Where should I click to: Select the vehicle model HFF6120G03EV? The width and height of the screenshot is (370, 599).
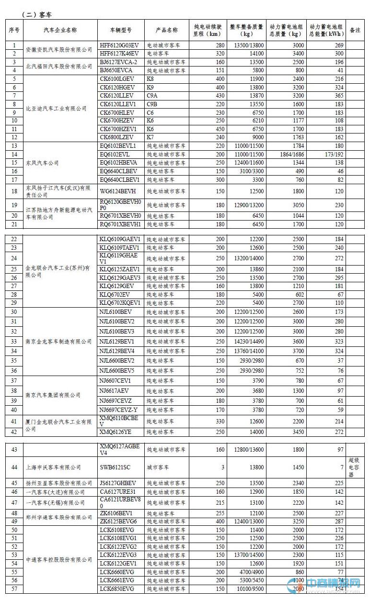click(x=118, y=45)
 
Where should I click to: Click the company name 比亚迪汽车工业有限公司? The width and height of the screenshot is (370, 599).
click(x=56, y=109)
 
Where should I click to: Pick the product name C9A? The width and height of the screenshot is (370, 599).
click(x=152, y=96)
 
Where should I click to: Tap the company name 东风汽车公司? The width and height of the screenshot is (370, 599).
click(x=42, y=163)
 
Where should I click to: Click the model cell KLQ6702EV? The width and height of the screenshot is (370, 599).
click(x=115, y=295)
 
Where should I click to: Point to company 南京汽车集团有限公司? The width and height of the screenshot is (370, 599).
click(x=53, y=395)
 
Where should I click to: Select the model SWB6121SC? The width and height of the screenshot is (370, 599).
click(x=115, y=467)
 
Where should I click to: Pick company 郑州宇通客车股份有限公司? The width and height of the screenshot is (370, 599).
click(x=58, y=517)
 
